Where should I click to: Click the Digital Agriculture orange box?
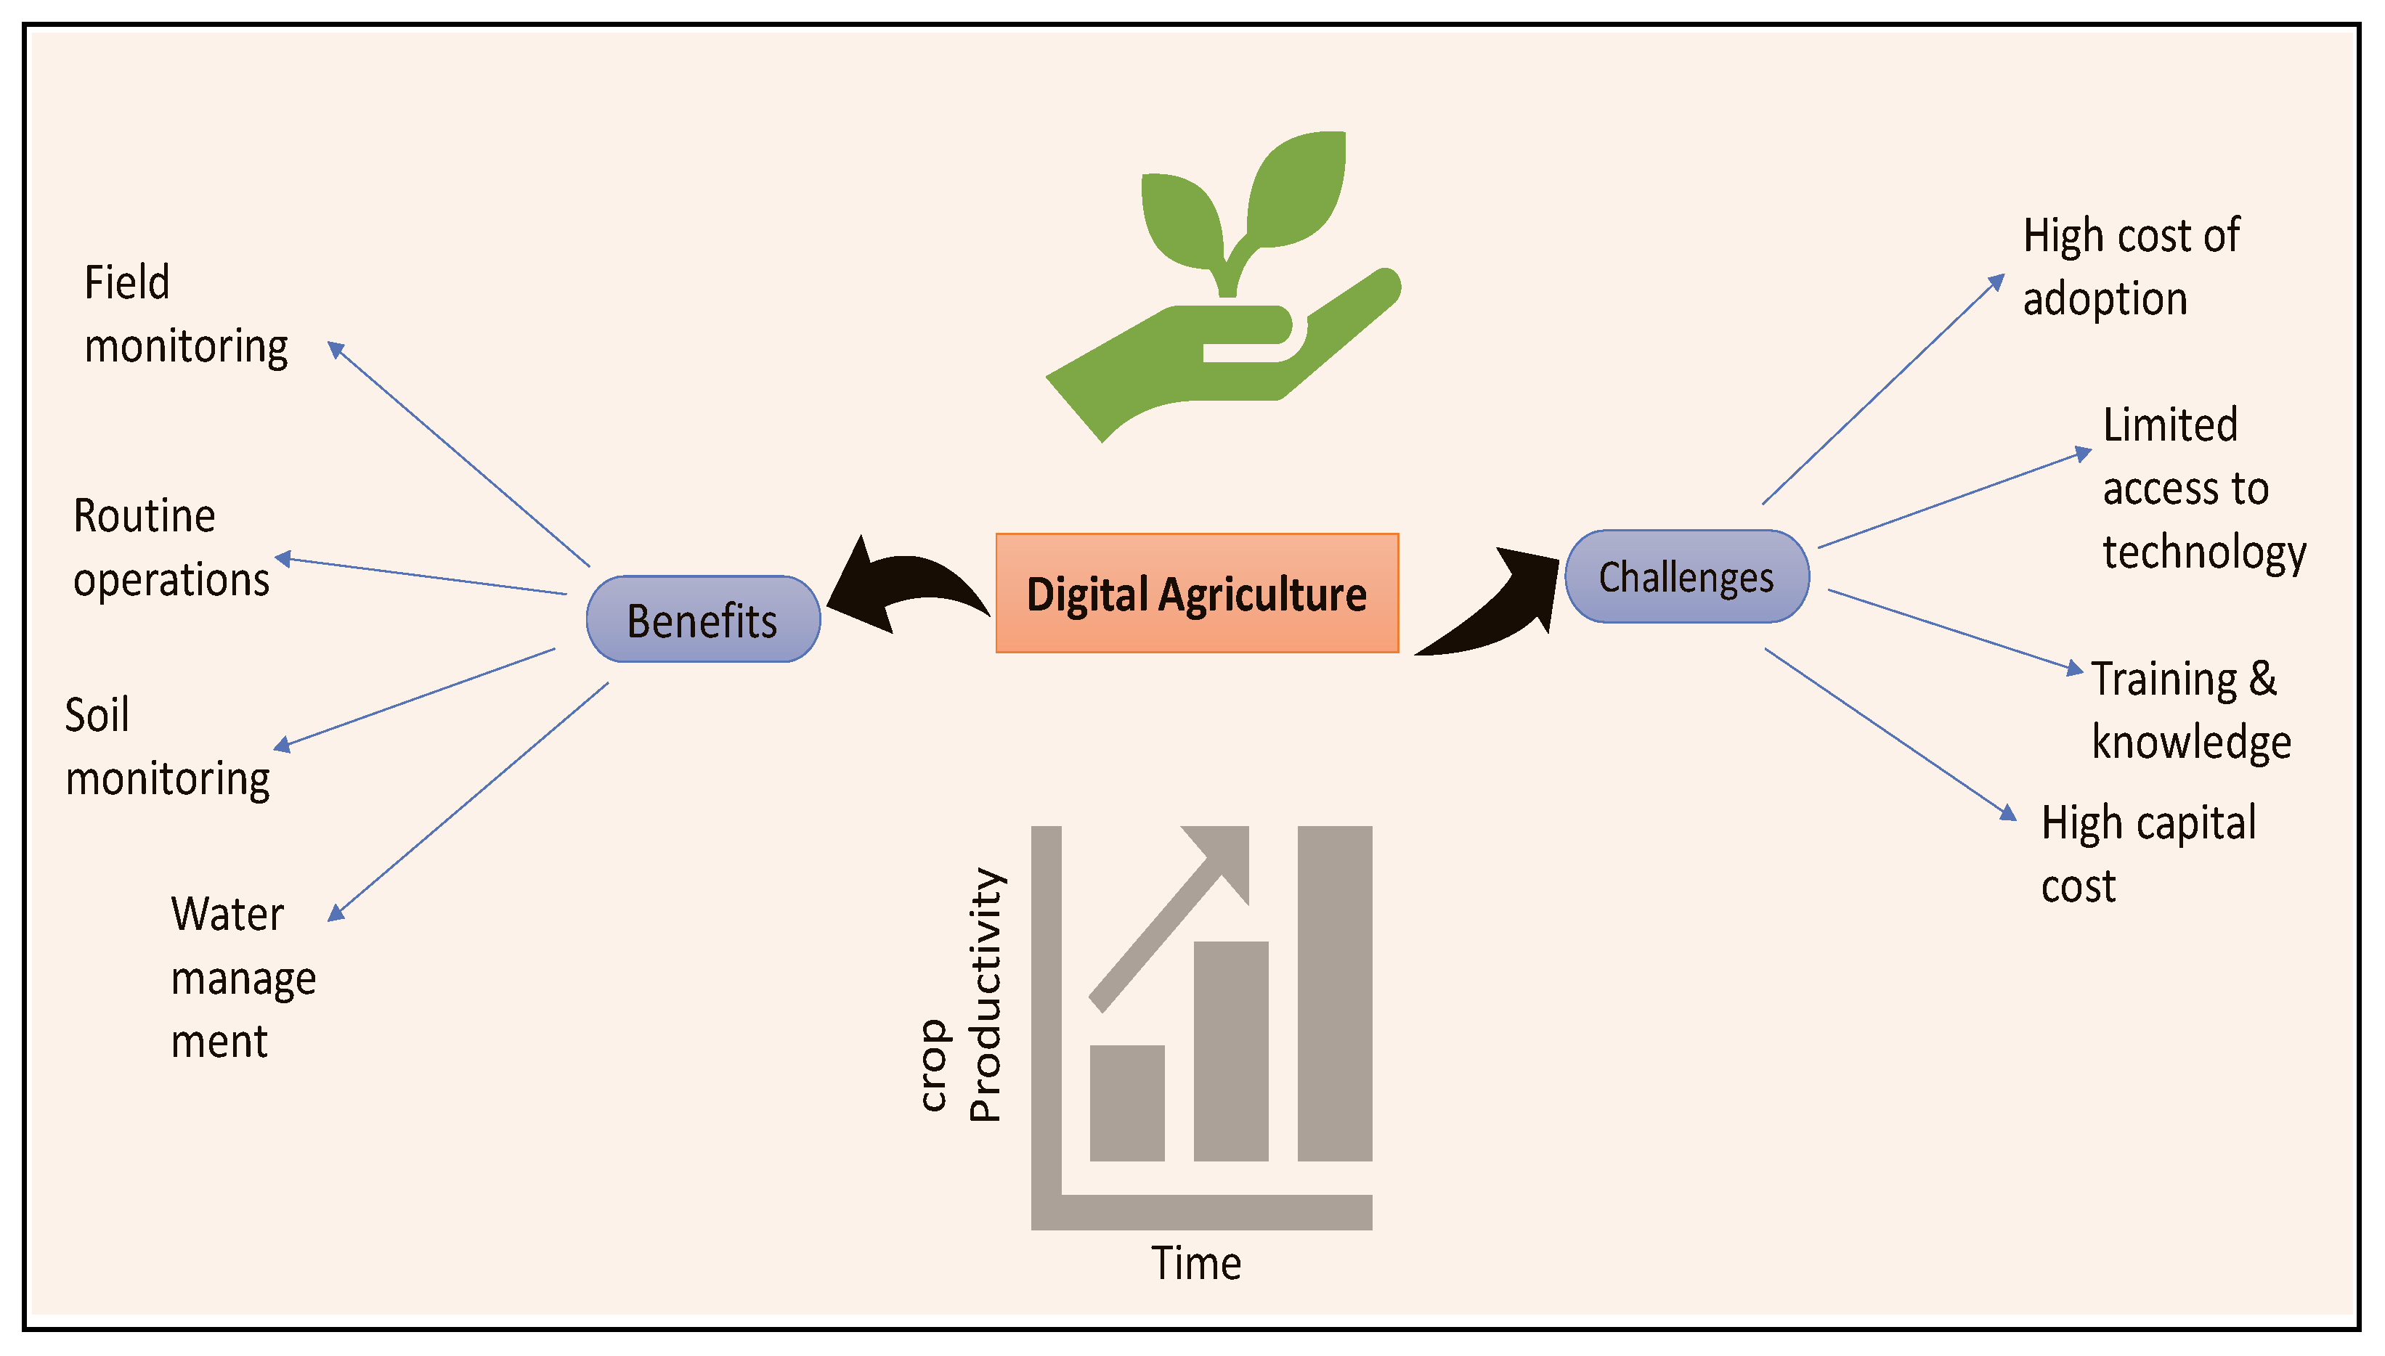[x=1196, y=593]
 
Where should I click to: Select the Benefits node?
[x=702, y=619]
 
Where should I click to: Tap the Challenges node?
[x=1686, y=576]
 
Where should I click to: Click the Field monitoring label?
[x=184, y=315]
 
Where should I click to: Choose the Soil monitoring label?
[x=167, y=747]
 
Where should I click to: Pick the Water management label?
[x=243, y=977]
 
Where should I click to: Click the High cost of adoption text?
[x=2130, y=267]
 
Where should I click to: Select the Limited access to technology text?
[x=2203, y=488]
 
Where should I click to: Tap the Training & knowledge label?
[x=2190, y=710]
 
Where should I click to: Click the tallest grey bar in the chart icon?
[x=1334, y=993]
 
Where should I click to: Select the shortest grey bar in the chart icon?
[x=1126, y=1103]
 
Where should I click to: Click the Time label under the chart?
[x=1196, y=1264]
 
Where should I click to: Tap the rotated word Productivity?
[x=984, y=994]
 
